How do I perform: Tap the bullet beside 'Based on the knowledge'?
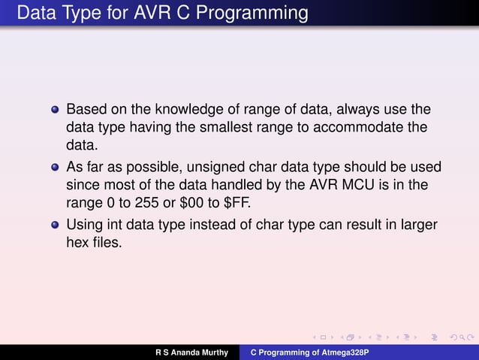point(54,110)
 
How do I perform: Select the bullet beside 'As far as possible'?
point(54,168)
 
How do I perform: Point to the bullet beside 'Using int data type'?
point(54,225)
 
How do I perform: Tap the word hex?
point(79,241)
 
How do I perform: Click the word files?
point(107,241)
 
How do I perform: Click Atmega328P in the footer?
point(342,352)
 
